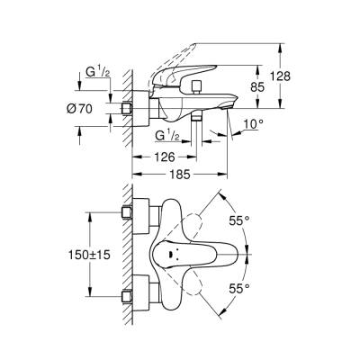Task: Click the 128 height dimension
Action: [280, 76]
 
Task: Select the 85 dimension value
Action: [257, 87]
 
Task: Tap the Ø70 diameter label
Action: [79, 109]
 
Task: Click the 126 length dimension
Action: [165, 157]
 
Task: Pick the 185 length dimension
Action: [180, 174]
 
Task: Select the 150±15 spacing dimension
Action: [89, 255]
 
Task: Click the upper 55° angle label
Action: [239, 221]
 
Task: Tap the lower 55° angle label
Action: [239, 289]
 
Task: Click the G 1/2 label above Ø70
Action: [97, 72]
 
